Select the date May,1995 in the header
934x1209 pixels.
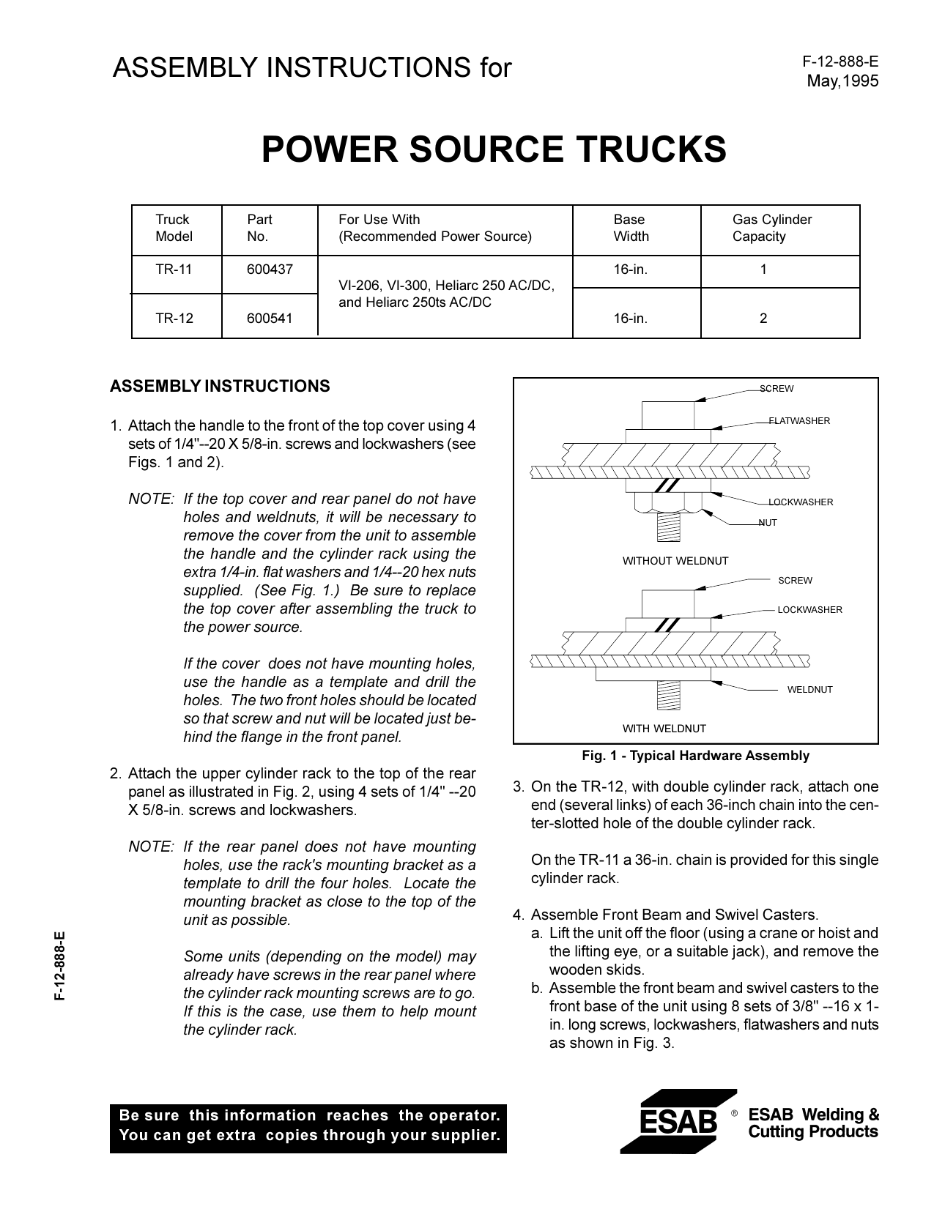[842, 81]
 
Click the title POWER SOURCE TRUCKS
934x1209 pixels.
[494, 149]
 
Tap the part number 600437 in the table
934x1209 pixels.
[270, 269]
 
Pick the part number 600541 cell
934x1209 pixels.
[270, 319]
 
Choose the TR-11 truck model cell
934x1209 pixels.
[174, 269]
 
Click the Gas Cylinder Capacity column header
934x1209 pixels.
[771, 228]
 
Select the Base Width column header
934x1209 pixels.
[631, 228]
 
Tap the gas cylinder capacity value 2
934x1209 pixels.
[763, 319]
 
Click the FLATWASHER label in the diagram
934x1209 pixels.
[799, 421]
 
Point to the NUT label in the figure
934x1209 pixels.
[768, 523]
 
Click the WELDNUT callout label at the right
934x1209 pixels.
[809, 690]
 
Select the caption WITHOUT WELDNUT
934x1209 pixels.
[675, 561]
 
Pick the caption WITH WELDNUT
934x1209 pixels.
[664, 729]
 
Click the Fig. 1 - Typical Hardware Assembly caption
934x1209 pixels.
[695, 756]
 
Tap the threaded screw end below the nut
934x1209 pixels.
[669, 527]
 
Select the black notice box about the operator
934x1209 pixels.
[308, 1126]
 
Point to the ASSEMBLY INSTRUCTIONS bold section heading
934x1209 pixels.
[220, 387]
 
